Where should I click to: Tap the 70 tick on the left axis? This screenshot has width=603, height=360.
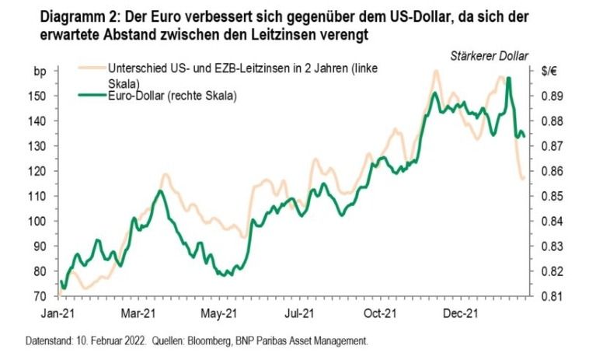pos(48,296)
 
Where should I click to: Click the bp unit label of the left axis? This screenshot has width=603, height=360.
pos(47,72)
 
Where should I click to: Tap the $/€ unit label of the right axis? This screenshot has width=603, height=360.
pos(549,72)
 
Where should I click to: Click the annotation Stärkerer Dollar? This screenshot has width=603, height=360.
pos(490,55)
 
